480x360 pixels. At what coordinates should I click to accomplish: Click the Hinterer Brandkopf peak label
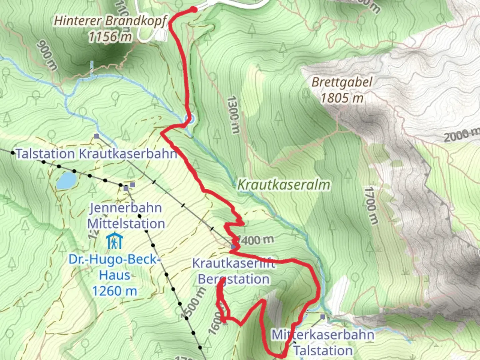[110, 21]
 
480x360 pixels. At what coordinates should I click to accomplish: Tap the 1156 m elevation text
[110, 36]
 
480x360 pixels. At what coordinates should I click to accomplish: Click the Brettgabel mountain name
[342, 82]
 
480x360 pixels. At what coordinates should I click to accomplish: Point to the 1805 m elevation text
[342, 98]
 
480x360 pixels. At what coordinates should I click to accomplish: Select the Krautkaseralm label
[284, 185]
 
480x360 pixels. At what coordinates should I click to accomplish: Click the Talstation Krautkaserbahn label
[96, 154]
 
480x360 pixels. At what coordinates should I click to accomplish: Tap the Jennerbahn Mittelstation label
[126, 216]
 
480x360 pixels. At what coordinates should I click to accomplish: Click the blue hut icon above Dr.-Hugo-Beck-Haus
[114, 241]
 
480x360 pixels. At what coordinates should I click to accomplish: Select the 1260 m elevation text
[114, 291]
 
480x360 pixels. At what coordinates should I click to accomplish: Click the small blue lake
[66, 181]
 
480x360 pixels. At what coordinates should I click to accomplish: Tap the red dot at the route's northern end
[194, 9]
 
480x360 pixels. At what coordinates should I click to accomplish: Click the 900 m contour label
[47, 55]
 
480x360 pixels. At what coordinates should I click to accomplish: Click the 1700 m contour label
[371, 205]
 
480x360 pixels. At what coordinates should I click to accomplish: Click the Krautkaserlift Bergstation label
[234, 271]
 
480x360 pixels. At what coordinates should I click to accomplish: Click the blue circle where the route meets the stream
[189, 119]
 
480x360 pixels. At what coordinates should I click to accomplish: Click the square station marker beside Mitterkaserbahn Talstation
[323, 317]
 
